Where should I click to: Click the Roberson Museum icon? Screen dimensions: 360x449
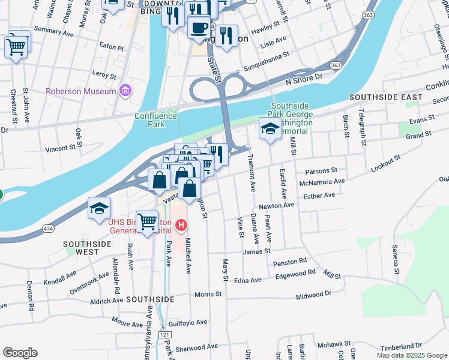[x=125, y=91]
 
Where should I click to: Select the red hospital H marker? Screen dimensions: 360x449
[x=181, y=226]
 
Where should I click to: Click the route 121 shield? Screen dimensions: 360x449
[x=163, y=333]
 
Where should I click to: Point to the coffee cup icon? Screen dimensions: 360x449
[x=199, y=27]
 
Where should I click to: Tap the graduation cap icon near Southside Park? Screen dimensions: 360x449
[x=270, y=128]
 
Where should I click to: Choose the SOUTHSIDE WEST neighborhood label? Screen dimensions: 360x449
[x=88, y=248]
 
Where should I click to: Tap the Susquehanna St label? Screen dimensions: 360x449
[x=266, y=53]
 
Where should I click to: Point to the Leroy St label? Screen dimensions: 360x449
[x=104, y=75]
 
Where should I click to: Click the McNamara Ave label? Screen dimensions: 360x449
[x=325, y=181]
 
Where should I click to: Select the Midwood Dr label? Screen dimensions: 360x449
[x=314, y=295]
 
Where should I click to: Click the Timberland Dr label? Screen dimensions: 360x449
[x=402, y=346]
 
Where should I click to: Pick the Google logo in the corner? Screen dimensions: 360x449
[x=20, y=353]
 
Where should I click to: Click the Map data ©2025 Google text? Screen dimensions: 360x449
[x=411, y=355]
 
